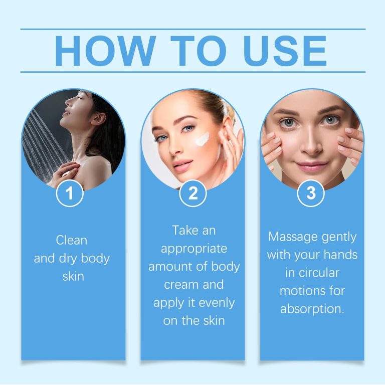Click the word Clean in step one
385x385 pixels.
point(72,240)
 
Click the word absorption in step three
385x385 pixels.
point(312,309)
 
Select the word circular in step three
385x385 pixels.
point(312,273)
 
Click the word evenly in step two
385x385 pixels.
point(214,303)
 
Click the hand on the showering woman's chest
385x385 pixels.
point(65,173)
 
